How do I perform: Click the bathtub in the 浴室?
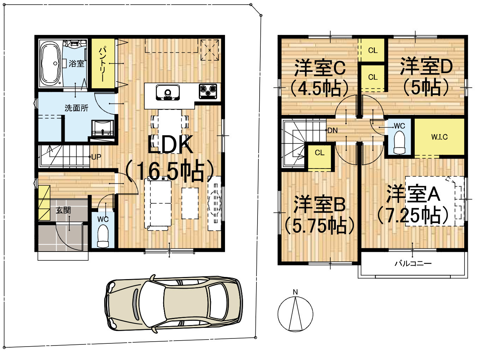[51, 64]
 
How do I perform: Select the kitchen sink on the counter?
[167, 93]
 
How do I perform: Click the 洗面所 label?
[76, 108]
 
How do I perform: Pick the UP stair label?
[96, 157]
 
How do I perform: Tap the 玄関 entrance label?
[63, 210]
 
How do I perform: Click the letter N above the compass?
[295, 292]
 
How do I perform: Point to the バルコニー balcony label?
[413, 264]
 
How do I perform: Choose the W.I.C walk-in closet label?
[439, 137]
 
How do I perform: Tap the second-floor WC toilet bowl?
[400, 143]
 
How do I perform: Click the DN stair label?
[332, 130]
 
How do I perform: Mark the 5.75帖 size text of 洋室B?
[319, 226]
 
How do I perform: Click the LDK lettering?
[170, 144]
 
